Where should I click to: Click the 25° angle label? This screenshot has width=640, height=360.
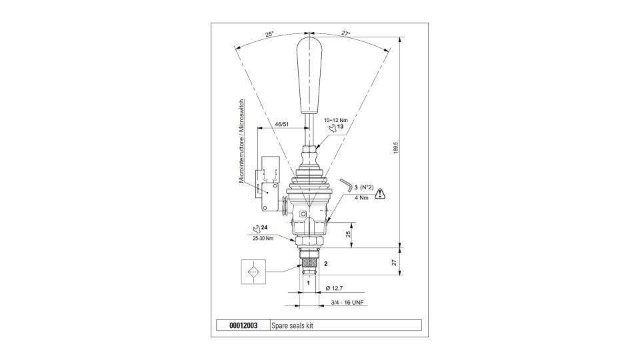(x=269, y=34)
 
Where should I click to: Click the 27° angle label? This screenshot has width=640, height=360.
(x=346, y=34)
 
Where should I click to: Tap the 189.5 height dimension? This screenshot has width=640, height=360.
(x=395, y=148)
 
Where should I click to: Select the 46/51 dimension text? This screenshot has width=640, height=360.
(x=282, y=124)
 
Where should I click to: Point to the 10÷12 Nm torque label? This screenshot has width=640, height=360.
(x=335, y=121)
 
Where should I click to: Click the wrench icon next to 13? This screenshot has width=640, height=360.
(x=333, y=128)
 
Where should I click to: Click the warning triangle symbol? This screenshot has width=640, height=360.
(x=380, y=193)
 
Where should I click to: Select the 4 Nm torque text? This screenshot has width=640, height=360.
(x=361, y=197)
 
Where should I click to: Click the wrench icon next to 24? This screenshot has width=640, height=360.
(x=257, y=229)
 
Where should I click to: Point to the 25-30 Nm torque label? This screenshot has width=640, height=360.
(x=263, y=239)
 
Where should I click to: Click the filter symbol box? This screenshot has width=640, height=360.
(x=253, y=271)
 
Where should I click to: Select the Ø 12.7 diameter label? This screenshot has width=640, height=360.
(x=334, y=288)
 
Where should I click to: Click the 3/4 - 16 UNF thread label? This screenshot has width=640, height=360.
(x=347, y=303)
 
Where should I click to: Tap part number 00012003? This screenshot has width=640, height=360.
(x=243, y=326)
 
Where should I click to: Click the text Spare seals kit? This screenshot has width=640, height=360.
(x=292, y=326)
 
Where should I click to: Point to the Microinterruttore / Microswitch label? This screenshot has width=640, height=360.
(x=241, y=141)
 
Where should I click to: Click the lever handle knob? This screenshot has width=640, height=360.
(x=310, y=75)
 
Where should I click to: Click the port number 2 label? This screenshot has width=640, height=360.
(x=326, y=264)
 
